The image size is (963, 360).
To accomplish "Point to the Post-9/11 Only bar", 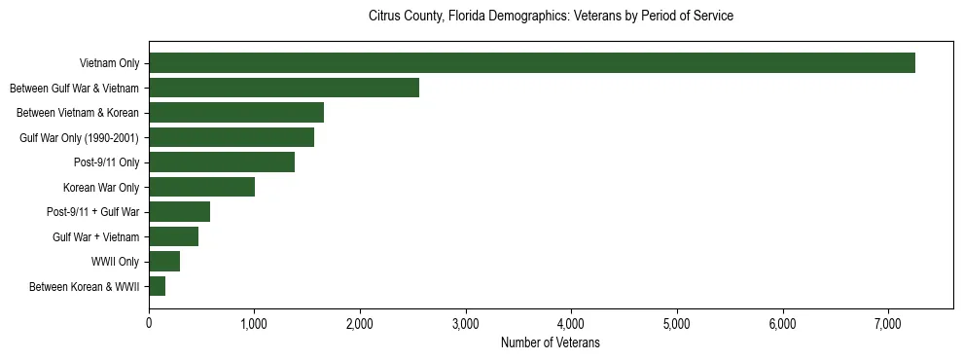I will tap(222, 162).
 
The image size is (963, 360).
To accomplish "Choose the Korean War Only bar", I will tap(201, 187).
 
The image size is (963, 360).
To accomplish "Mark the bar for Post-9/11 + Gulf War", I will tap(179, 212).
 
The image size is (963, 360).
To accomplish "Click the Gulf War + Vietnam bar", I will tap(173, 236).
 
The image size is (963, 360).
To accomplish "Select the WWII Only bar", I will tap(164, 262).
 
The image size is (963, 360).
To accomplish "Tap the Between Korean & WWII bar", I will tap(157, 286).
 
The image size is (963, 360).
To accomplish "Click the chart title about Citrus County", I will tap(551, 17).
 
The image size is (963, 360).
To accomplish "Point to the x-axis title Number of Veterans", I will tap(551, 343).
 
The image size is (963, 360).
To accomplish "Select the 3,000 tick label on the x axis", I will tap(466, 323).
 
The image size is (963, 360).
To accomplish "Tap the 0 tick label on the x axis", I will tap(149, 323).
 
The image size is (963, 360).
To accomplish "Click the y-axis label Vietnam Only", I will tap(109, 63).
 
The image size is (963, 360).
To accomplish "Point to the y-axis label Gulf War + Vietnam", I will tap(96, 236).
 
